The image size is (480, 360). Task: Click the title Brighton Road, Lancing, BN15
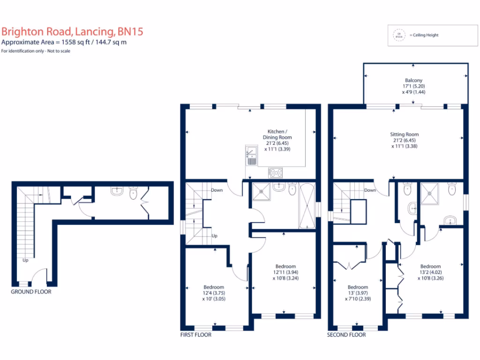(x=72, y=32)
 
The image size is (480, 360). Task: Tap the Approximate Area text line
(x=64, y=42)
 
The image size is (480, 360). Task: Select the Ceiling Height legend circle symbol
(x=399, y=35)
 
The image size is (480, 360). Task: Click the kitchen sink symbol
(x=251, y=156)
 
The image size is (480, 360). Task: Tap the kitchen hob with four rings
(x=276, y=172)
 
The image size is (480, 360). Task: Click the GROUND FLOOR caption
(x=31, y=292)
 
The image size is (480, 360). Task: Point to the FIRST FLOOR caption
(x=196, y=335)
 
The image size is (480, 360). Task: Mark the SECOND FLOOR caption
(x=347, y=335)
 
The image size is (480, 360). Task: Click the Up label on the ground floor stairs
(x=26, y=260)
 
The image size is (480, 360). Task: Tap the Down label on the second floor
(x=370, y=190)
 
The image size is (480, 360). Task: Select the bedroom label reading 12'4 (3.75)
(x=213, y=293)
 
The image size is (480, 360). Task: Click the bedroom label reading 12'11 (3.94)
(x=285, y=272)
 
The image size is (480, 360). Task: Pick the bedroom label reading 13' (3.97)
(x=358, y=293)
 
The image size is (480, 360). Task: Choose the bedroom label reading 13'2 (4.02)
(x=430, y=272)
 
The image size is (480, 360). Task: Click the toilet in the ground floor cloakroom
(x=133, y=192)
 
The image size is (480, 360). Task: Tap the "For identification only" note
(x=36, y=51)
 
